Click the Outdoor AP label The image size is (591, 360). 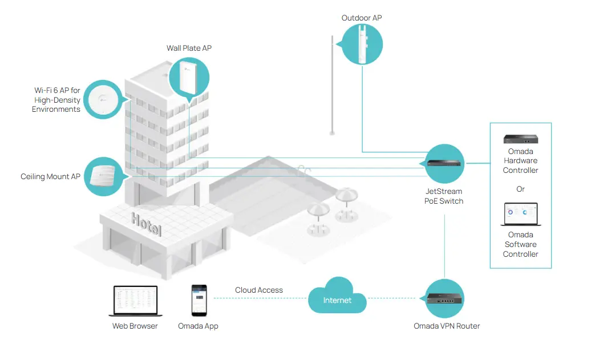(361, 18)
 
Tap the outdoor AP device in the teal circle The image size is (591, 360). (362, 45)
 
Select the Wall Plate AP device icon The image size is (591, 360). (189, 77)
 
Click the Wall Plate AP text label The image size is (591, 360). (189, 48)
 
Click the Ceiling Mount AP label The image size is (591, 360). (50, 177)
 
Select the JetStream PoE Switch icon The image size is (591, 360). (445, 163)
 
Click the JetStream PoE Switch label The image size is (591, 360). (443, 196)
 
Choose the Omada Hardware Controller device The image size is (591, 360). (520, 139)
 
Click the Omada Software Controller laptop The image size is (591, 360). (520, 216)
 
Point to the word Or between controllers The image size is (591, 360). (520, 189)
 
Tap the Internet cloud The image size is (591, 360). (338, 297)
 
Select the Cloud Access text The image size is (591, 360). (258, 290)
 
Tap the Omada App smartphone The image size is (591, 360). (199, 301)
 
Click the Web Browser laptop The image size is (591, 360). (135, 301)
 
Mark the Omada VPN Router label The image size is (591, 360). (447, 326)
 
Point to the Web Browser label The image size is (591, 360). (135, 326)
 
